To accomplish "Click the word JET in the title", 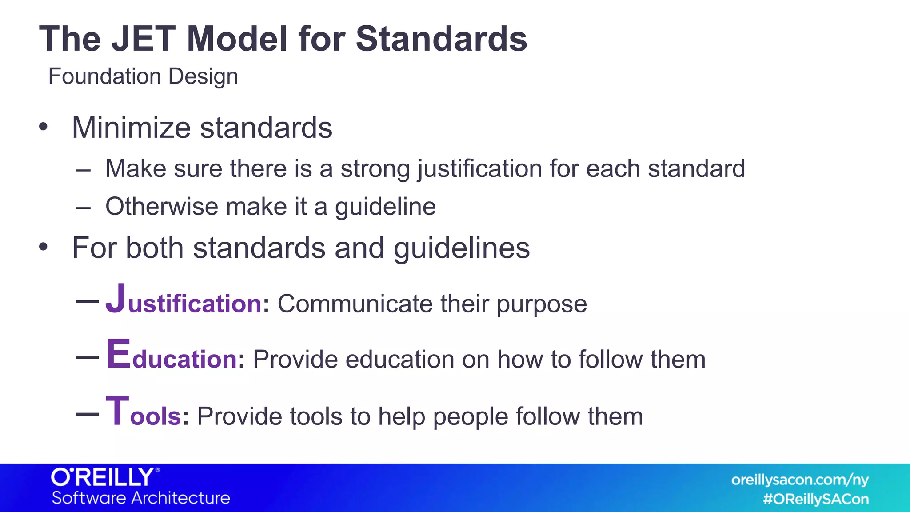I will pos(143,39).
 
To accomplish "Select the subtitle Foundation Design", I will pos(143,76).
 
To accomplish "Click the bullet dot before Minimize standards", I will pos(43,127).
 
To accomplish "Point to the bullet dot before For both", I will pos(43,247).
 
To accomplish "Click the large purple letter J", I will pos(116,299).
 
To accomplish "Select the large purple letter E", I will pos(118,354).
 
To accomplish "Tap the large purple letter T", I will pos(117,411).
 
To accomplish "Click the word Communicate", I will pos(355,304).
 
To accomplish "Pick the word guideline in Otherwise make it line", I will pos(385,207).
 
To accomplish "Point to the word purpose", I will pos(542,305).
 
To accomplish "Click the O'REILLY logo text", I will pos(105,477).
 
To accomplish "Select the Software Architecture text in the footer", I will pos(141,498).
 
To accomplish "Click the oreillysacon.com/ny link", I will pos(800,480).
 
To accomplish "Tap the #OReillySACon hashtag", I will pos(816,499).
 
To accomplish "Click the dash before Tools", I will pos(88,414).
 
